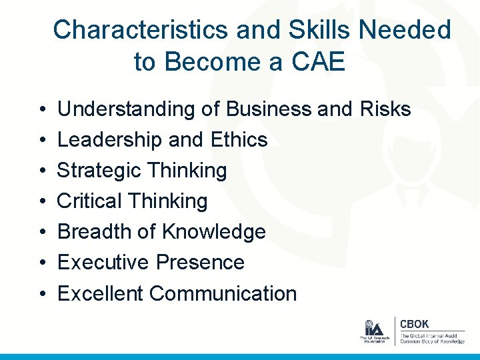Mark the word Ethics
point(238,140)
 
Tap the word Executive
point(103,263)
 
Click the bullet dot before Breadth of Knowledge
point(42,233)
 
